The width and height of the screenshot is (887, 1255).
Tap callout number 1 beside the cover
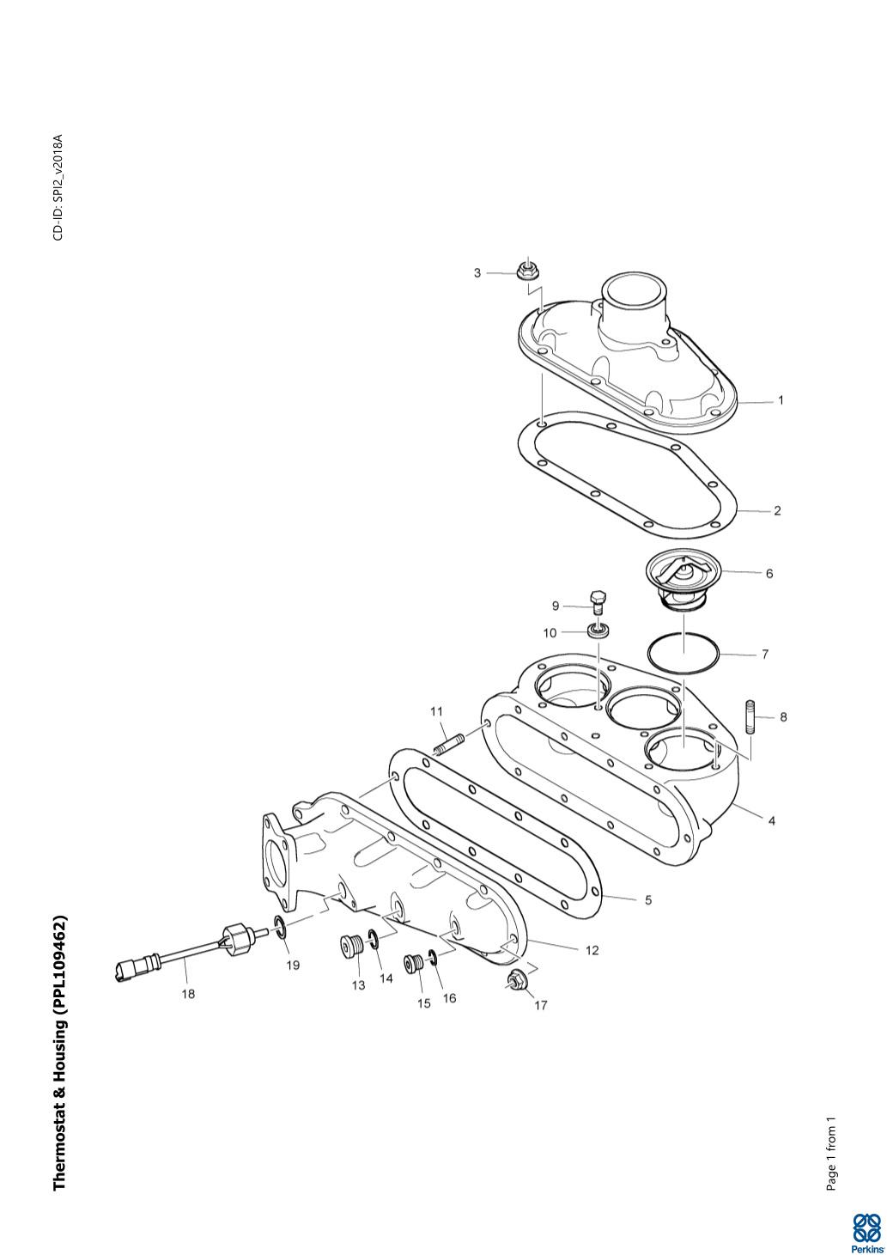[x=781, y=400]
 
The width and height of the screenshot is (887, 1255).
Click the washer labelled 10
[x=598, y=631]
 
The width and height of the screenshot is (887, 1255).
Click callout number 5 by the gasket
[x=648, y=899]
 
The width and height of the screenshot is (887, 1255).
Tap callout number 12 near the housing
[x=592, y=950]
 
